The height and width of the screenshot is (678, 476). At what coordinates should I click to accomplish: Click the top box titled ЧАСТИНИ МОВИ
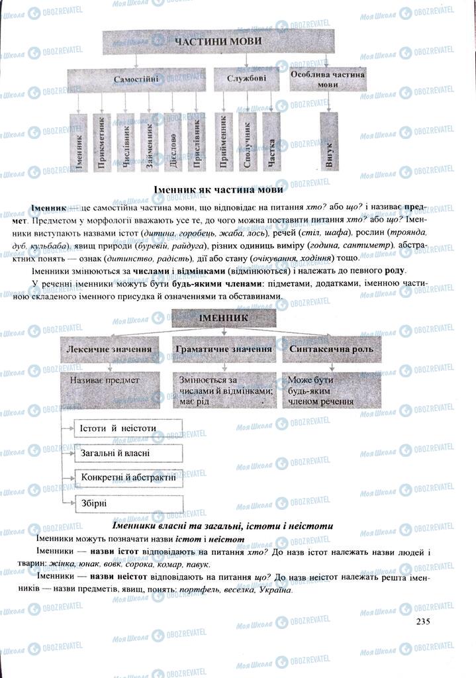(218, 42)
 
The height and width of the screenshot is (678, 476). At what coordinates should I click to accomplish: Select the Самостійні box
(136, 79)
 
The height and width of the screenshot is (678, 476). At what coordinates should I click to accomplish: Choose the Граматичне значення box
(223, 349)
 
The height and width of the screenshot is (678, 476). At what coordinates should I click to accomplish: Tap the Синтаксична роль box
(331, 349)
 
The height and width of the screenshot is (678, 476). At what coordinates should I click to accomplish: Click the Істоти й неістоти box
(128, 428)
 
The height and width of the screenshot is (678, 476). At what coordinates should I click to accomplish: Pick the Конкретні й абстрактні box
(128, 477)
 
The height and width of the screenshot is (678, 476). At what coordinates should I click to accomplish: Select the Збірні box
(128, 503)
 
